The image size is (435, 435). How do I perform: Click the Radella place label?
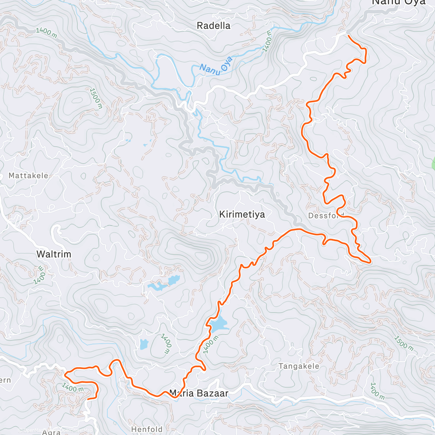pyautogui.click(x=213, y=26)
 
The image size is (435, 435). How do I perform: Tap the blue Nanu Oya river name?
pyautogui.click(x=216, y=65)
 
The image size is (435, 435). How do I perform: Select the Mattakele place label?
pyautogui.click(x=28, y=175)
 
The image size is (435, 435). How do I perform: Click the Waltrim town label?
pyautogui.click(x=54, y=254)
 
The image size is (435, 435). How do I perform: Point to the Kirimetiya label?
pyautogui.click(x=242, y=215)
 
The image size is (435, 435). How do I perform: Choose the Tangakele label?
pyautogui.click(x=299, y=366)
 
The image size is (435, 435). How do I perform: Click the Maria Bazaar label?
pyautogui.click(x=199, y=393)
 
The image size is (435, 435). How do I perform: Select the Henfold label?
pyautogui.click(x=147, y=429)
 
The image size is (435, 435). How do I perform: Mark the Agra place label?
pyautogui.click(x=51, y=432)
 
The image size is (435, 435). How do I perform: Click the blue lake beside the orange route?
pyautogui.click(x=219, y=324)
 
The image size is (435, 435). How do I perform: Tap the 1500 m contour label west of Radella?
pyautogui.click(x=96, y=98)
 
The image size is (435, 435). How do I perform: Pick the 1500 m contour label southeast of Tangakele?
pyautogui.click(x=403, y=343)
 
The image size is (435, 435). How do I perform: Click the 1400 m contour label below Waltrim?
pyautogui.click(x=40, y=275)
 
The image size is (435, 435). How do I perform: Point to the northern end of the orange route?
pyautogui.click(x=348, y=36)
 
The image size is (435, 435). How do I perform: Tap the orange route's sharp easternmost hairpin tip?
pyautogui.click(x=370, y=261)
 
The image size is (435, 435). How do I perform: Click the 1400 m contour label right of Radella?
pyautogui.click(x=268, y=42)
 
